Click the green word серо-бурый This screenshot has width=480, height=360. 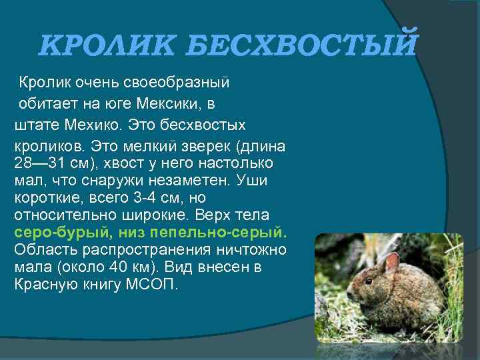[x=62, y=233]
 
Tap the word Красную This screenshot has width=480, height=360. [x=45, y=285]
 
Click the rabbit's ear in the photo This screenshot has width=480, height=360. [x=392, y=261]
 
